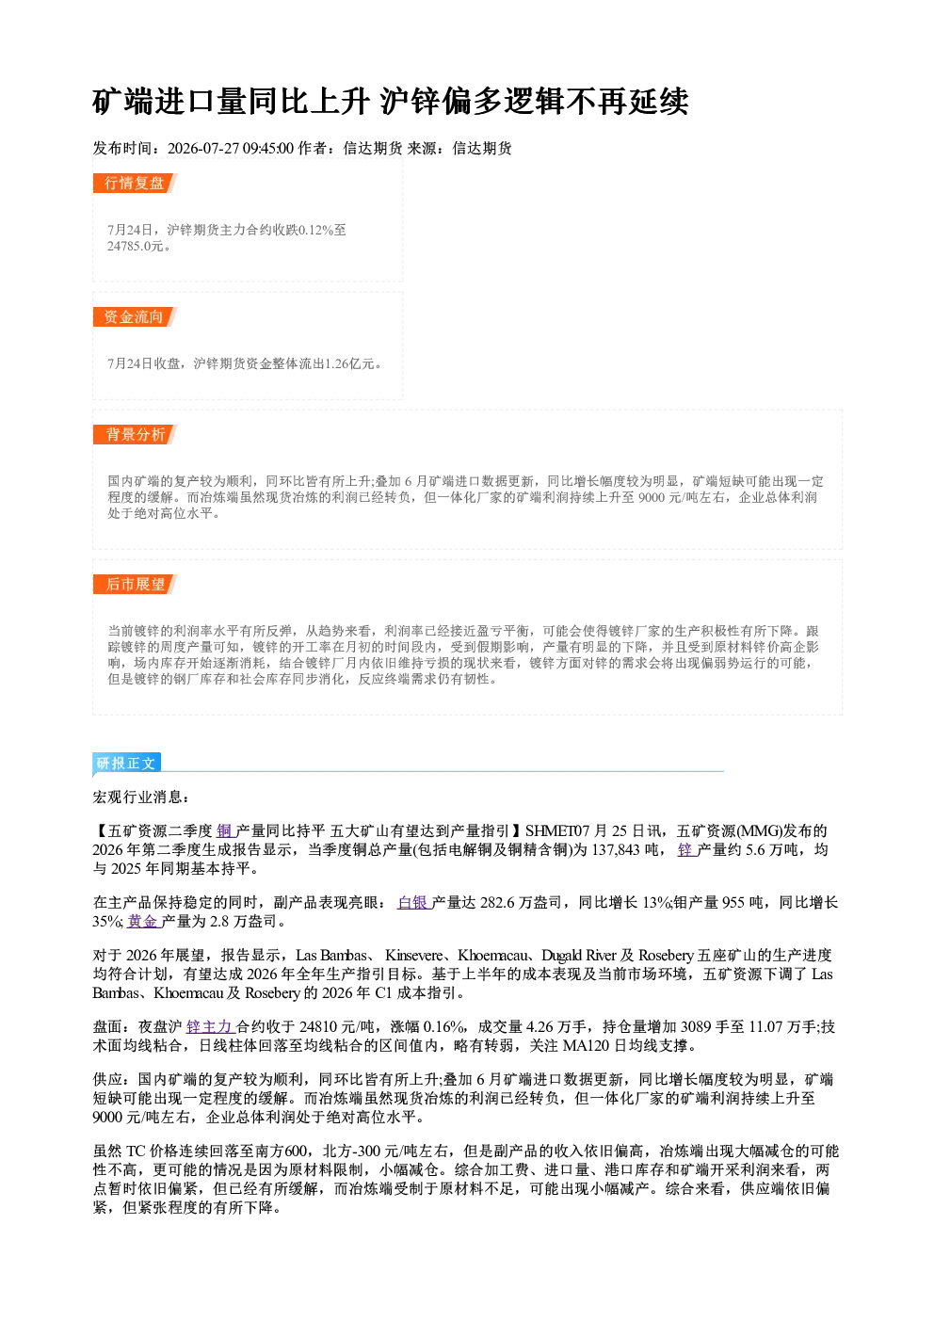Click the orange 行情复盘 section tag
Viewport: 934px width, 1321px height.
(135, 184)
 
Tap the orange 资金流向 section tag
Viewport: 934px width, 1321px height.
(135, 317)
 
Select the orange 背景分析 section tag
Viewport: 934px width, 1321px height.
(135, 435)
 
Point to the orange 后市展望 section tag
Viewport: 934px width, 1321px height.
(135, 585)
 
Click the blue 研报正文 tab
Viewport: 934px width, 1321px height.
(126, 763)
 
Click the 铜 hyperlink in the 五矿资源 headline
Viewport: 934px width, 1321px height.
(225, 831)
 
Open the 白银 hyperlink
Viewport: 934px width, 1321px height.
(414, 902)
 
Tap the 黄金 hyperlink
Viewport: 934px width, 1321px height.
(144, 921)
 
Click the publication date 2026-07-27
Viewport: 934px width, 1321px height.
(203, 148)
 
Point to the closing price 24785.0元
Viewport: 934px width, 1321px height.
(135, 246)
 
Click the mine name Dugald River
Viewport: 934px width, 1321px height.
(578, 956)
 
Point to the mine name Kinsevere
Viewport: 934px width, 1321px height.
(413, 956)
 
